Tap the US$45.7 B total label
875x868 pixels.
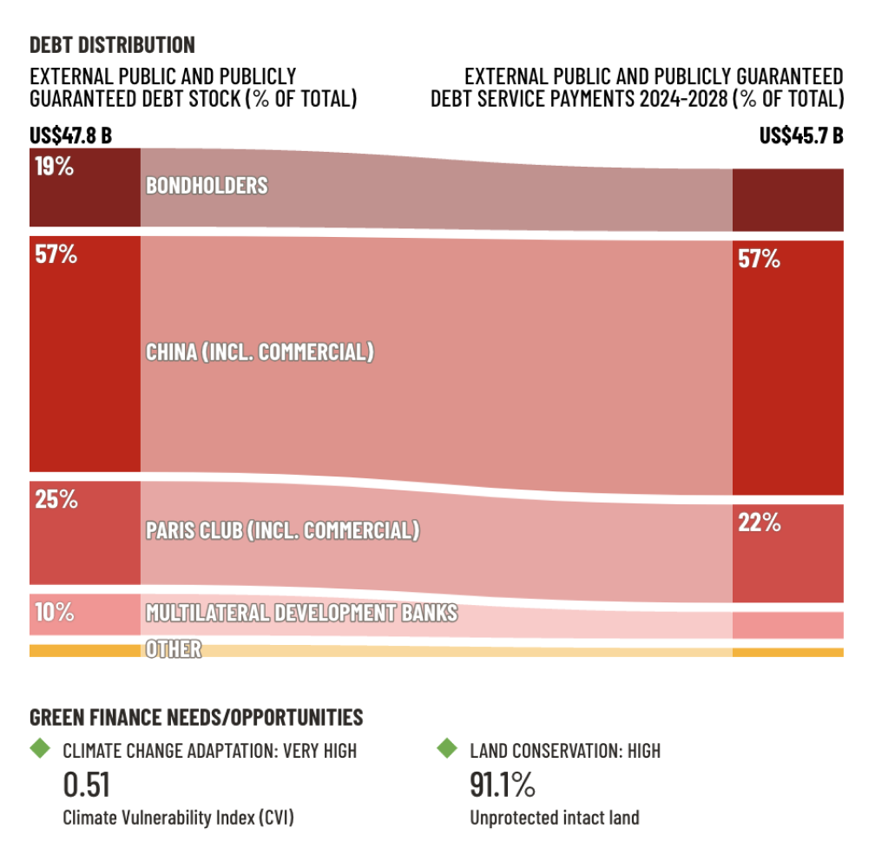pos(801,135)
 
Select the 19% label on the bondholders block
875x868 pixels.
pos(54,167)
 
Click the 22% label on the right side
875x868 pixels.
pos(759,523)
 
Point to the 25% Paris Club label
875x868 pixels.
pos(56,500)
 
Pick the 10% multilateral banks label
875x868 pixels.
pos(54,612)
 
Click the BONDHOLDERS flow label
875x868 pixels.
pos(207,186)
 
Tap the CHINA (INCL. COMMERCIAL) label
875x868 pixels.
pos(260,352)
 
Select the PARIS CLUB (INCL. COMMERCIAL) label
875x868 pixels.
pos(282,530)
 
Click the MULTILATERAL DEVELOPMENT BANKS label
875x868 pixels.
pos(301,613)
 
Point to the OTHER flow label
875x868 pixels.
pos(174,648)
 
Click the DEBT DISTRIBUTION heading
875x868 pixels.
pos(112,44)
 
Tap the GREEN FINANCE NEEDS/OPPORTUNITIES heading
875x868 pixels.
pos(196,717)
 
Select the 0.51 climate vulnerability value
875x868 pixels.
pos(87,785)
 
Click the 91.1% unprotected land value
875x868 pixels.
pos(503,785)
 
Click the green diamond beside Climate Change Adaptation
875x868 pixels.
pos(40,747)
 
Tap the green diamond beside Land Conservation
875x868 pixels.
pos(446,747)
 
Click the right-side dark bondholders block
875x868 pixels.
pos(787,200)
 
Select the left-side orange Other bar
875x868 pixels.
pos(84,650)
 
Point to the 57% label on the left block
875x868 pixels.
pos(56,255)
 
